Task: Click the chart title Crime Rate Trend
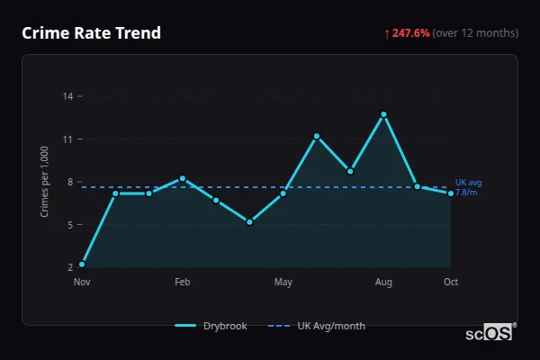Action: click(x=92, y=33)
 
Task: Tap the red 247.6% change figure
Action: click(x=410, y=33)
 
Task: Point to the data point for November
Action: click(x=82, y=264)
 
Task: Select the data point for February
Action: click(x=183, y=178)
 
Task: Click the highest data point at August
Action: click(x=383, y=114)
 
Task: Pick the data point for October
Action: click(x=451, y=193)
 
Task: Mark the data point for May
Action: click(x=283, y=193)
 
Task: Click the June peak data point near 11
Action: click(x=317, y=136)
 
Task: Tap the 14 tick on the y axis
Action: click(x=68, y=96)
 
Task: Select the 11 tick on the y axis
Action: click(x=68, y=139)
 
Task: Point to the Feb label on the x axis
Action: click(x=183, y=283)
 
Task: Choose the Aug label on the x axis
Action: click(x=383, y=283)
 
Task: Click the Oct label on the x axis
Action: click(x=451, y=283)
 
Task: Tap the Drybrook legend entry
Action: click(x=212, y=326)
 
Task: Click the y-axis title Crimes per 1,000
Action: click(x=44, y=182)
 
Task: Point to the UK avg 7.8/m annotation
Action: click(x=468, y=187)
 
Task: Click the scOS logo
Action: click(x=489, y=333)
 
